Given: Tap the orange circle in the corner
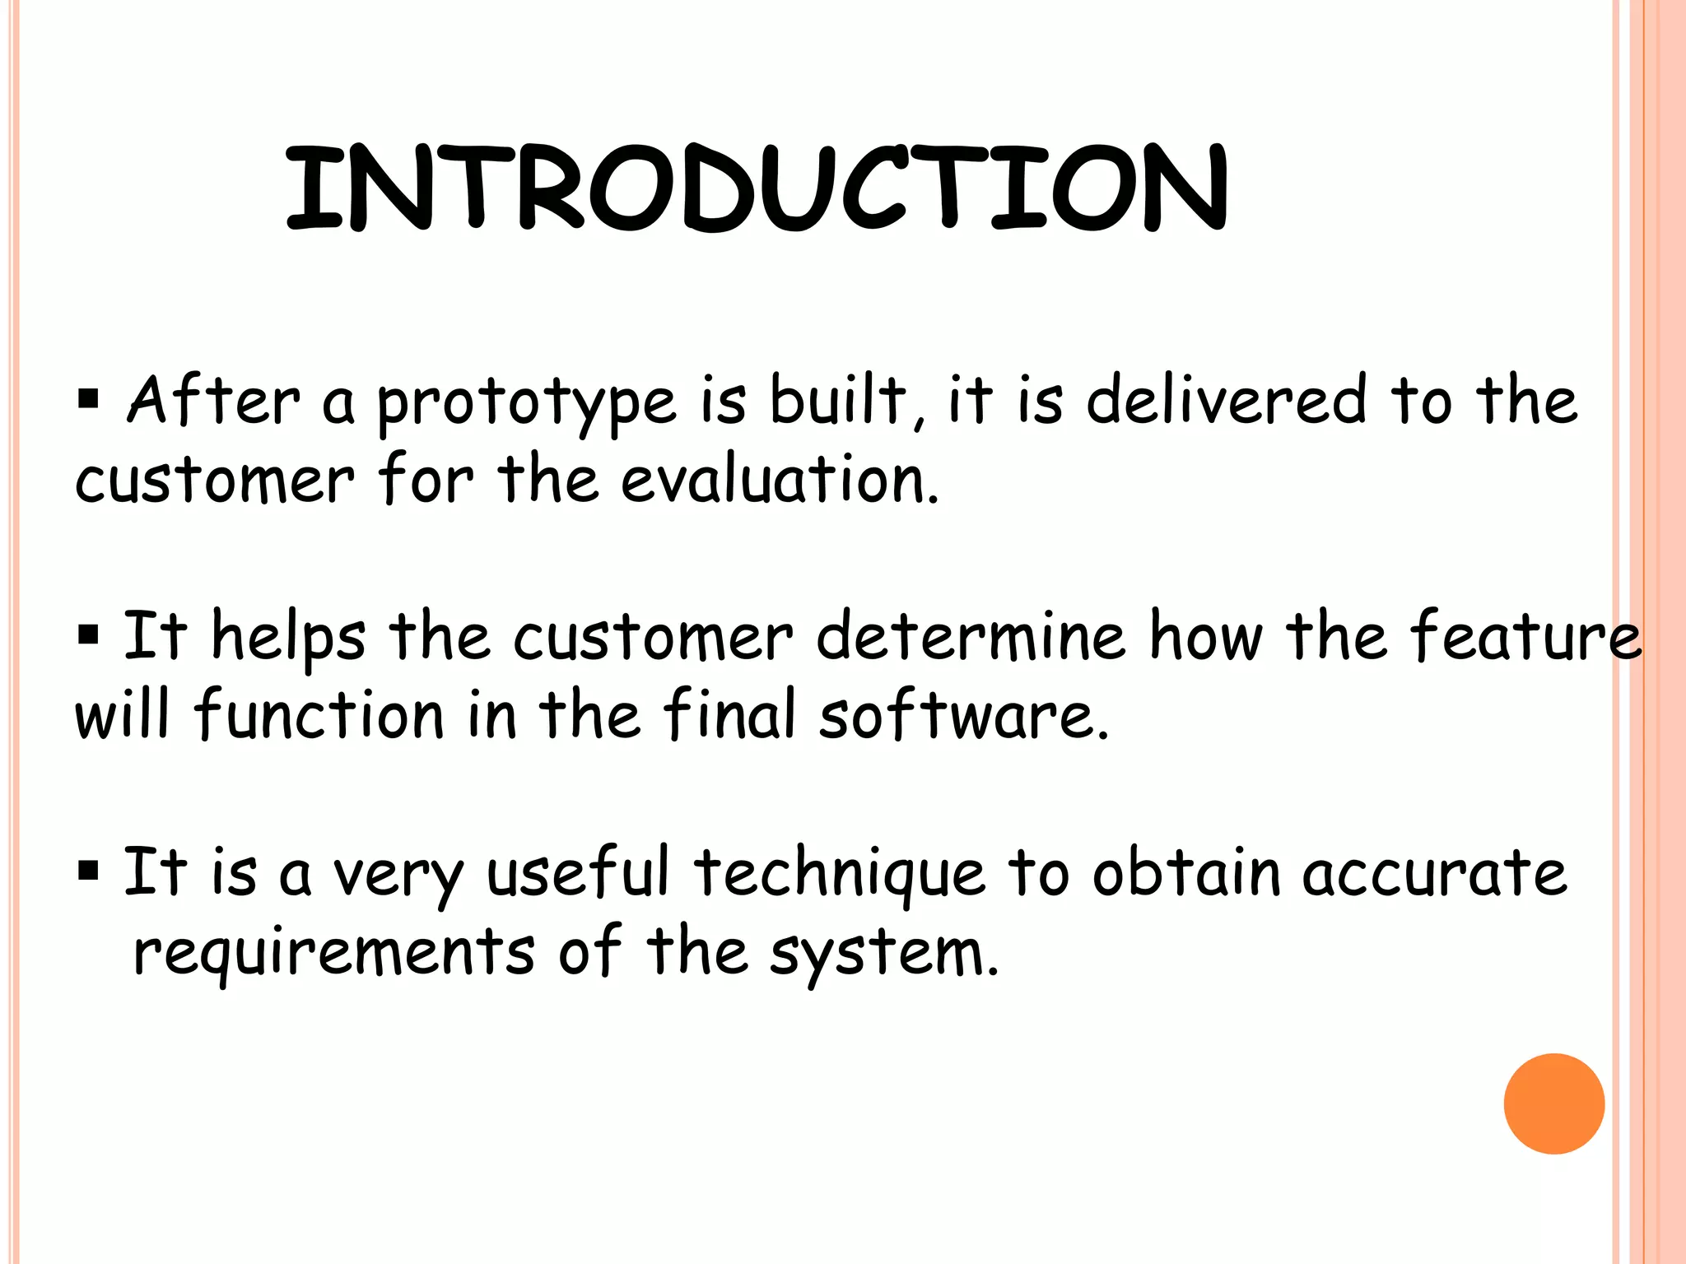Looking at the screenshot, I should (1553, 1104).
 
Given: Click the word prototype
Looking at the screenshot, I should (527, 403).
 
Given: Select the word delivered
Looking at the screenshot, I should (1227, 401).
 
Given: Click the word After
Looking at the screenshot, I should (213, 401).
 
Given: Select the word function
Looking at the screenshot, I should (319, 713).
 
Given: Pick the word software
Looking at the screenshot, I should (963, 714).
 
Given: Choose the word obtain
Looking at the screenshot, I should (1186, 872).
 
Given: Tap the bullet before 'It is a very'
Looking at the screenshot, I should (88, 871).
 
